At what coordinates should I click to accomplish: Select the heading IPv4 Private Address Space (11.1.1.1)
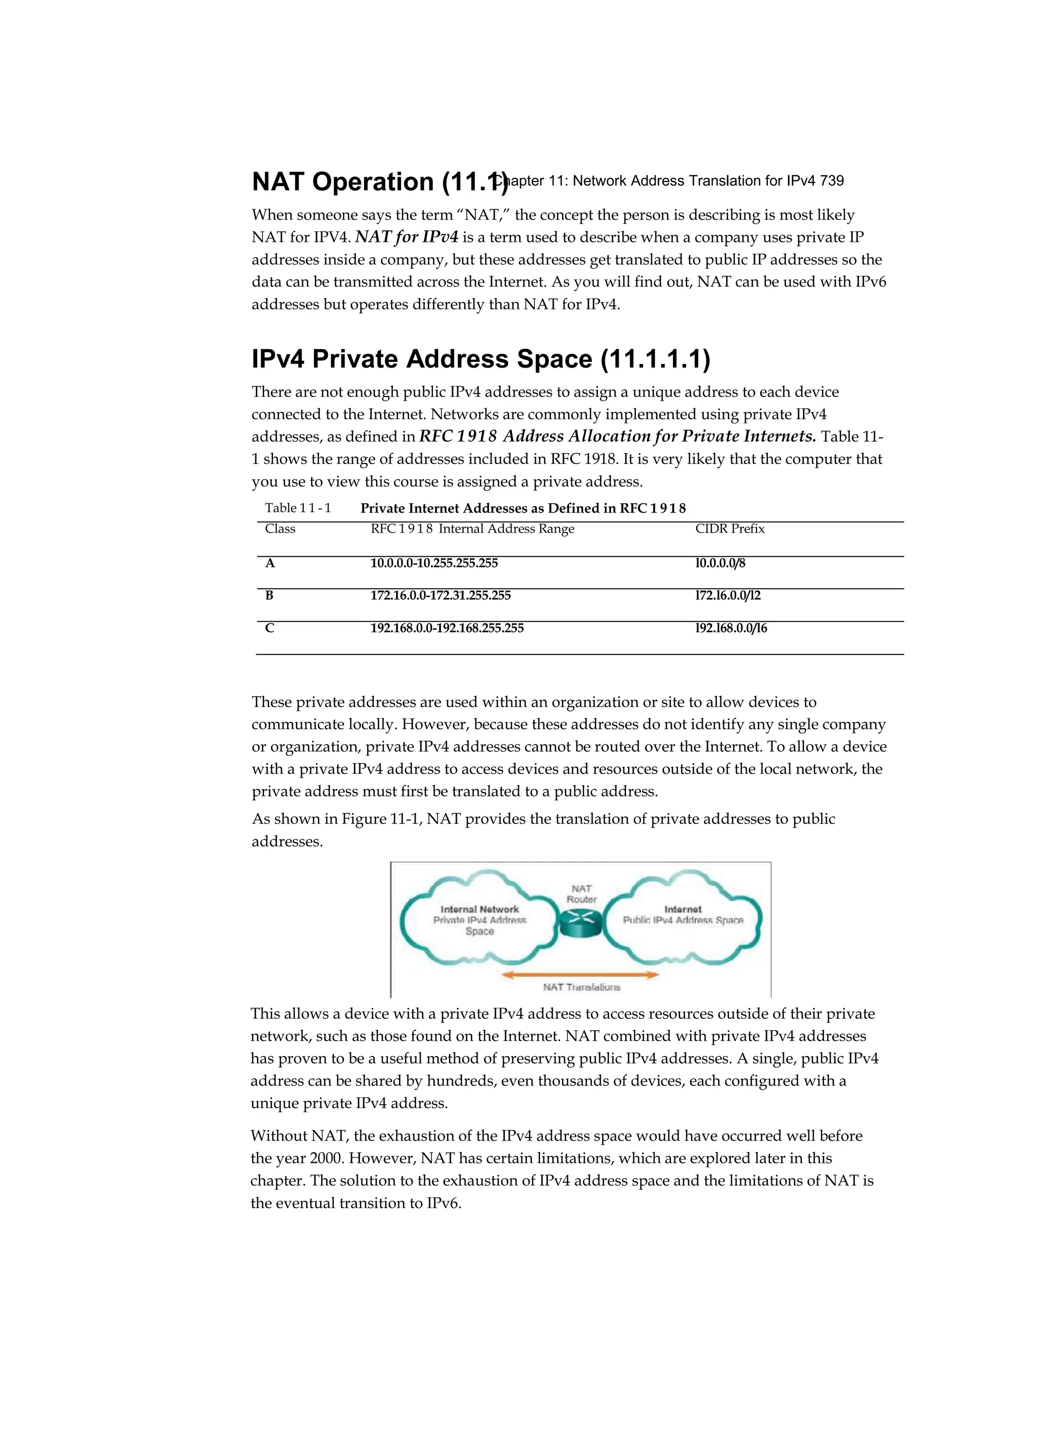coord(481,359)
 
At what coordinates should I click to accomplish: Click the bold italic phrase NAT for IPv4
coord(407,238)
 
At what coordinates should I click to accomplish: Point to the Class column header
coord(280,529)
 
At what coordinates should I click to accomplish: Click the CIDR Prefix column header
coord(730,529)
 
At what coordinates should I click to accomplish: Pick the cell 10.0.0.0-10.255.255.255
coord(434,564)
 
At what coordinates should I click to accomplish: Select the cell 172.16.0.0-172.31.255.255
coord(440,596)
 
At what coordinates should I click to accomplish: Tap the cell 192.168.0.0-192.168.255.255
coord(447,629)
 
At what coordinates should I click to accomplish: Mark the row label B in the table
coord(269,596)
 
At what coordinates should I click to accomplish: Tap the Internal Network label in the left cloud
coord(480,909)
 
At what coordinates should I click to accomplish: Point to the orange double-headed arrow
coord(581,975)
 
